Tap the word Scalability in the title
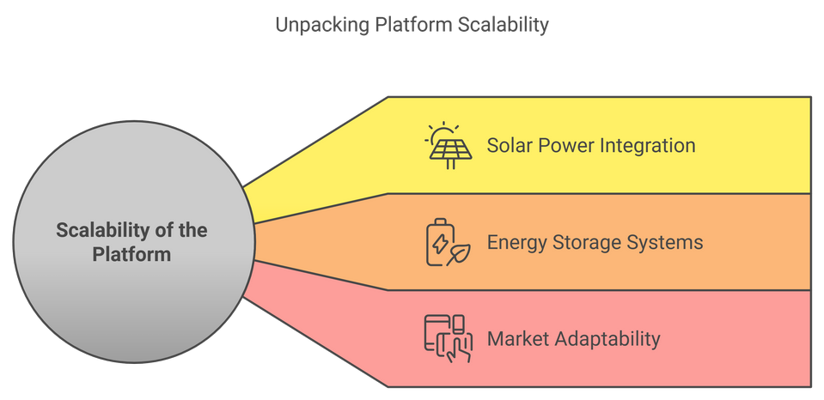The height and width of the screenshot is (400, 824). [499, 24]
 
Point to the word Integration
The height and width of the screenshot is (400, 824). [644, 145]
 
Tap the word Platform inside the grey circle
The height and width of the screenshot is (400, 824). [131, 255]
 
